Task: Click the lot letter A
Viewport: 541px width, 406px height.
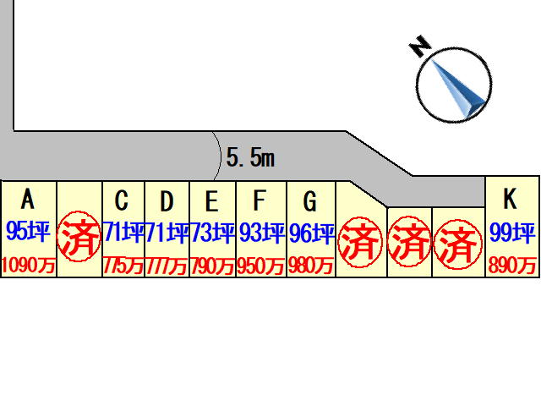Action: pyautogui.click(x=28, y=200)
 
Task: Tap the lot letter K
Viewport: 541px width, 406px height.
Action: pyautogui.click(x=510, y=200)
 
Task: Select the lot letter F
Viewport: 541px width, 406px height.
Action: pyautogui.click(x=260, y=201)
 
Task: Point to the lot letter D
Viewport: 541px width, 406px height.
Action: pyautogui.click(x=167, y=201)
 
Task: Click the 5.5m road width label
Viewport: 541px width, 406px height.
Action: pyautogui.click(x=251, y=156)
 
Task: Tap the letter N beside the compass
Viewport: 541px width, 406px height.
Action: pyautogui.click(x=418, y=47)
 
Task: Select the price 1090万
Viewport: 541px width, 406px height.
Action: pyautogui.click(x=28, y=266)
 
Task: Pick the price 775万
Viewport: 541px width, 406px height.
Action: pyautogui.click(x=123, y=266)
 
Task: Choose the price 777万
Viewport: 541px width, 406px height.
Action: pyautogui.click(x=167, y=266)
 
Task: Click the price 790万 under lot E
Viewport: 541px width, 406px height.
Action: pyautogui.click(x=212, y=266)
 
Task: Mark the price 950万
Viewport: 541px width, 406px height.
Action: pyautogui.click(x=261, y=266)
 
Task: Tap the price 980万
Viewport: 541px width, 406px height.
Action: pyautogui.click(x=311, y=266)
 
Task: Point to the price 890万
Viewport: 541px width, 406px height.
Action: pyautogui.click(x=512, y=266)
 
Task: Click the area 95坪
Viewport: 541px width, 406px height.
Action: pyautogui.click(x=28, y=232)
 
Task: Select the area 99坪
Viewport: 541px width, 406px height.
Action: pyautogui.click(x=512, y=231)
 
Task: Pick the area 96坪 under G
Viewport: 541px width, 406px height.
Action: pyautogui.click(x=312, y=233)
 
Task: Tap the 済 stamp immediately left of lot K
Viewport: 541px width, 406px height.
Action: pyautogui.click(x=459, y=244)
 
